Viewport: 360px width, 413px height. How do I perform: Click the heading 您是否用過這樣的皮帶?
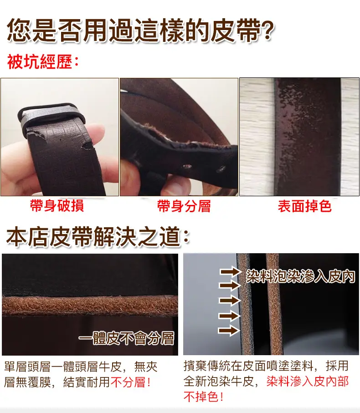pyautogui.click(x=140, y=31)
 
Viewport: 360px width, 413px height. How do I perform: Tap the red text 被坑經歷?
pyautogui.click(x=40, y=62)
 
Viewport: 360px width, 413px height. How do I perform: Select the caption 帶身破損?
pyautogui.click(x=57, y=206)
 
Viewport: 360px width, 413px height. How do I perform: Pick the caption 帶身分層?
pyautogui.click(x=184, y=206)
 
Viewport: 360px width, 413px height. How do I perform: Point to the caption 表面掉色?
pyautogui.click(x=304, y=206)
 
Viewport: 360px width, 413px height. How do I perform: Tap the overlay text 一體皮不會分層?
pyautogui.click(x=127, y=338)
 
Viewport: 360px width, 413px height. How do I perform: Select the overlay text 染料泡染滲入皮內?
pyautogui.click(x=301, y=276)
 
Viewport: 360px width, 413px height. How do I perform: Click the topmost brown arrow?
pyautogui.click(x=230, y=272)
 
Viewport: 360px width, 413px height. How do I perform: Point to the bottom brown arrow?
pyautogui.click(x=229, y=330)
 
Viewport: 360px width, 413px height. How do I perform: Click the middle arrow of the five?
pyautogui.click(x=229, y=300)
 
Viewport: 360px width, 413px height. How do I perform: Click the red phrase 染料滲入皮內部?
pyautogui.click(x=308, y=381)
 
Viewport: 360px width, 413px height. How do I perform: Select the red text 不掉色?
pyautogui.click(x=203, y=397)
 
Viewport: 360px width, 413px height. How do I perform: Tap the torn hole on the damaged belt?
pyautogui.click(x=88, y=145)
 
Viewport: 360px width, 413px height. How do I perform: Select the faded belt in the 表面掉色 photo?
pyautogui.click(x=308, y=137)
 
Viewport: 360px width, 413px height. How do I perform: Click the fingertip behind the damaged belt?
pyautogui.click(x=99, y=134)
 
